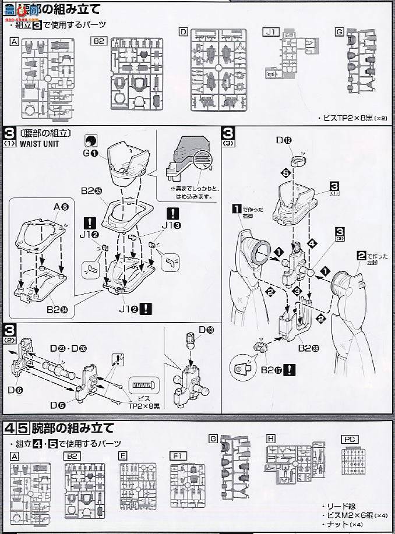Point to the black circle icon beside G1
point(91,140)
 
